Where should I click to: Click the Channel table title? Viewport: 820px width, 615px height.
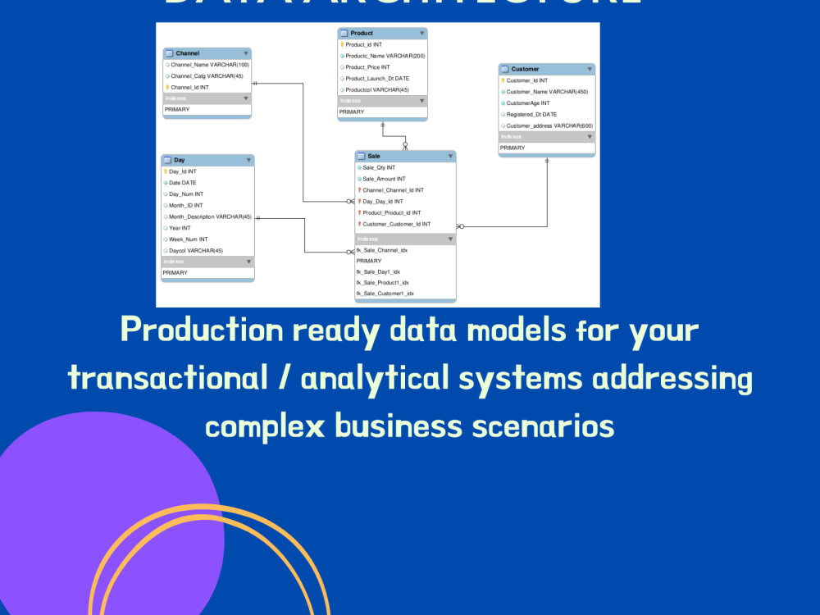pos(187,52)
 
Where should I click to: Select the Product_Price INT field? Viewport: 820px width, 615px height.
pos(367,67)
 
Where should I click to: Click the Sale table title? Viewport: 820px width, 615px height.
pos(374,156)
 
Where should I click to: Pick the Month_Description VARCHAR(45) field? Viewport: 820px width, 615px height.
pos(210,217)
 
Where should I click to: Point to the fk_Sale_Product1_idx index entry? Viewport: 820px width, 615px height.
pos(382,282)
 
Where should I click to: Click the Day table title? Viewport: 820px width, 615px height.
pos(179,160)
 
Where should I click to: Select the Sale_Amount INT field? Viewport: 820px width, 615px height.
pos(384,179)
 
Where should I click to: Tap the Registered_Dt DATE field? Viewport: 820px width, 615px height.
pos(531,115)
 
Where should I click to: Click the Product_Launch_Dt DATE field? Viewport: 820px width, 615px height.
pos(377,79)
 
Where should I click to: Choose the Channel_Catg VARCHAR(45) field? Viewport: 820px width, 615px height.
pos(207,75)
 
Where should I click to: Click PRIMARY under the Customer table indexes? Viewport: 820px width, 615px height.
pos(512,148)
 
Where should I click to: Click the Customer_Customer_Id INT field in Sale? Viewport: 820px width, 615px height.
pos(396,224)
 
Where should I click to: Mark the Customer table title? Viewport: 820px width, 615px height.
pos(525,69)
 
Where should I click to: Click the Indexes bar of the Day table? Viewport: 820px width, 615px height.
pos(207,262)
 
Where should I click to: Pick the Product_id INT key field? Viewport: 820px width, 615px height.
pos(363,44)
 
